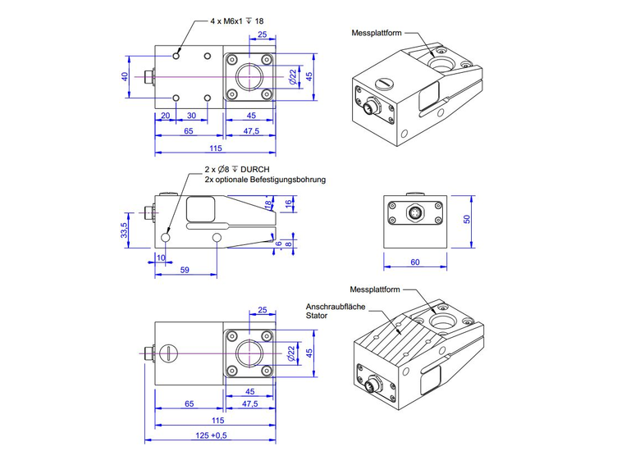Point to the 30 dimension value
coord(191,116)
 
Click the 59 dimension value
coord(185,269)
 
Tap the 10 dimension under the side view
coord(160,258)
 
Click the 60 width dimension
coord(414,262)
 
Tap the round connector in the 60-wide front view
coord(415,215)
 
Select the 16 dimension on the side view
coord(288,203)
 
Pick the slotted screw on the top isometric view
coord(385,83)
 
